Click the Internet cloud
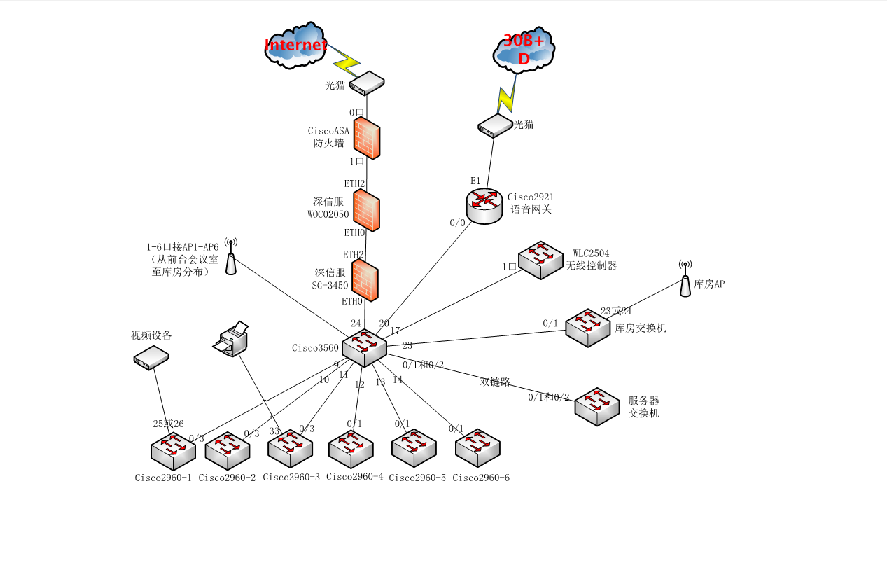click(x=295, y=46)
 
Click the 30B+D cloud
click(x=524, y=49)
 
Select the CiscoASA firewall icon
click(x=367, y=137)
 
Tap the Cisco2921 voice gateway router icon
click(x=484, y=206)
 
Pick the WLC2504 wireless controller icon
click(x=540, y=260)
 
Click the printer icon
click(x=232, y=339)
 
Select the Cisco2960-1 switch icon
click(x=172, y=451)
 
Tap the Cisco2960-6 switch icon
click(x=477, y=448)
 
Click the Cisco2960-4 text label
click(x=355, y=478)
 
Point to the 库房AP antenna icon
click(x=685, y=278)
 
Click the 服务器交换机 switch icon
click(x=597, y=406)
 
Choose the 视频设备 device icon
click(x=151, y=357)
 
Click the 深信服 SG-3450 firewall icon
click(x=365, y=279)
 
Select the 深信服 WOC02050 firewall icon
click(x=366, y=210)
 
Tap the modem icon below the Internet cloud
click(x=368, y=83)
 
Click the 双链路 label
click(x=495, y=382)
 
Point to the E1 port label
click(x=475, y=181)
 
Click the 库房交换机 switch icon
click(x=588, y=328)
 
